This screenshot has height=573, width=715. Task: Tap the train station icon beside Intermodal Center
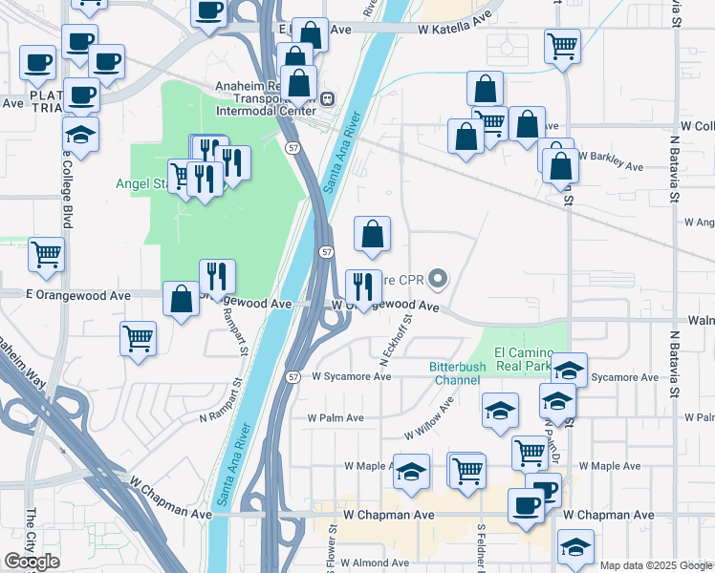click(327, 97)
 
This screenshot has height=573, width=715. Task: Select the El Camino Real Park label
click(524, 358)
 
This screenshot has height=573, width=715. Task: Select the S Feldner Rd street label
click(481, 544)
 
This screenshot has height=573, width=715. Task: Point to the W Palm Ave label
click(335, 417)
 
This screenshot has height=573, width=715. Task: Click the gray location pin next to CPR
click(438, 280)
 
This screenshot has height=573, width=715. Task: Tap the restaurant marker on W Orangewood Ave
click(363, 286)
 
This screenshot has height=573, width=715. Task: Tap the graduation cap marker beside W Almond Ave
click(576, 549)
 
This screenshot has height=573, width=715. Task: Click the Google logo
click(32, 561)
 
